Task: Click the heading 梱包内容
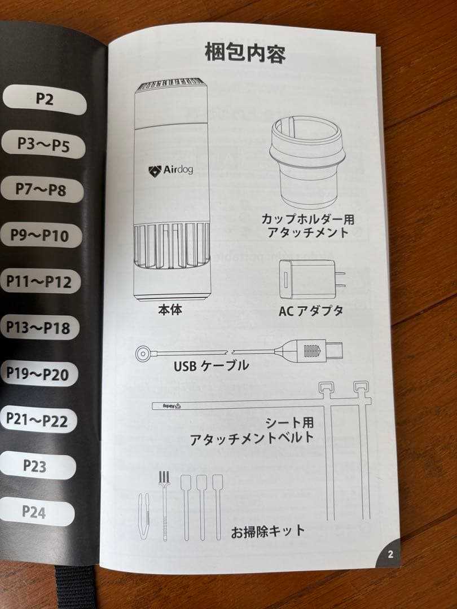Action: point(245,54)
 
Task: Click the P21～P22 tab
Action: point(38,420)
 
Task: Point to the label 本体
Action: point(170,309)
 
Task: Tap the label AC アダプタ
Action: point(311,311)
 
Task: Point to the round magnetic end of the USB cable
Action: point(143,354)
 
